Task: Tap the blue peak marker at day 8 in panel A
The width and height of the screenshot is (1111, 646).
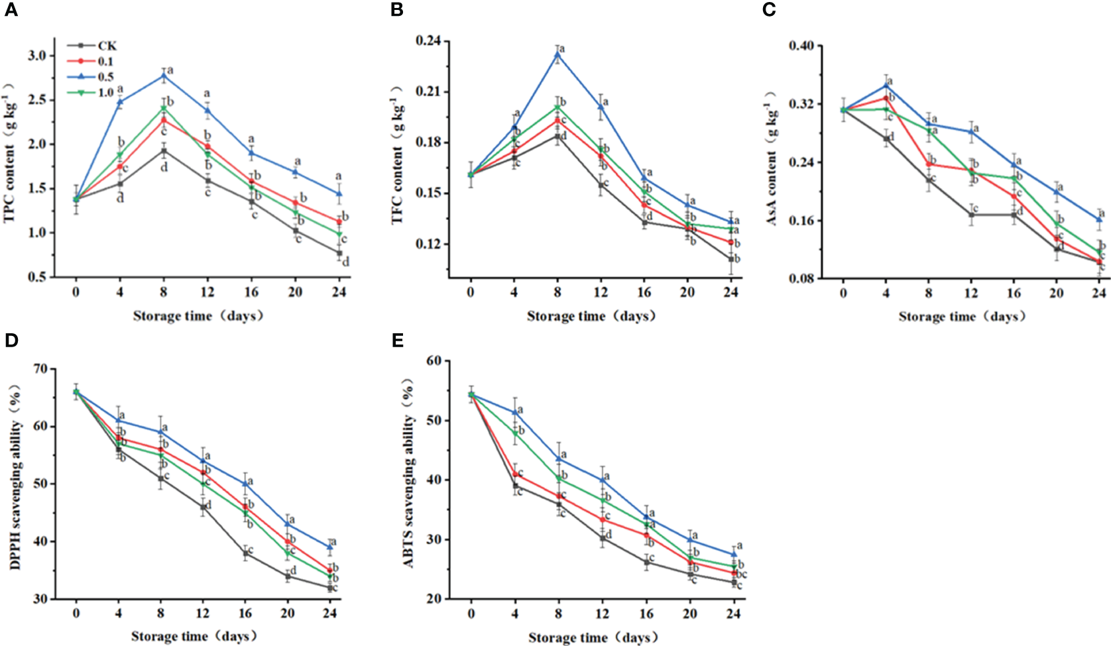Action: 164,76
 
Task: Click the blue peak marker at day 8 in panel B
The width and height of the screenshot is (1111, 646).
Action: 557,55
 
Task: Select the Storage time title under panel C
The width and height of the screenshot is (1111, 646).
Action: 962,317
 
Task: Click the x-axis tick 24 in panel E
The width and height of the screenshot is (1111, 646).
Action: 733,614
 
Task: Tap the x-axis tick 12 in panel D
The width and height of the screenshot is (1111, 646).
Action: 203,614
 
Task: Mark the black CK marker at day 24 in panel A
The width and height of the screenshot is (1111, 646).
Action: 339,253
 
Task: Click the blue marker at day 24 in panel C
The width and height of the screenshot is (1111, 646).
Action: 1099,219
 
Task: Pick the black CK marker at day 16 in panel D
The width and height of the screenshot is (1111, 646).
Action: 245,553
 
